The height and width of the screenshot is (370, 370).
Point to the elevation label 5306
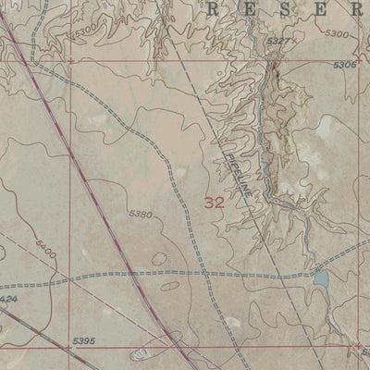click(343, 65)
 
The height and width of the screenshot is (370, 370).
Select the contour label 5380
click(141, 214)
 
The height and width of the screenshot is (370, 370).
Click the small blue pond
click(321, 277)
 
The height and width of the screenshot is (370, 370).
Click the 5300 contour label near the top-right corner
click(338, 33)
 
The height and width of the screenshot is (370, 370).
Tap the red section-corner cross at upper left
click(71, 61)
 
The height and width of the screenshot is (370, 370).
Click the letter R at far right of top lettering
click(357, 10)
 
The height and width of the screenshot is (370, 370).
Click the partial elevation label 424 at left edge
click(8, 300)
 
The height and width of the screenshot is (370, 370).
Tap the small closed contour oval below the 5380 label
click(160, 260)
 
